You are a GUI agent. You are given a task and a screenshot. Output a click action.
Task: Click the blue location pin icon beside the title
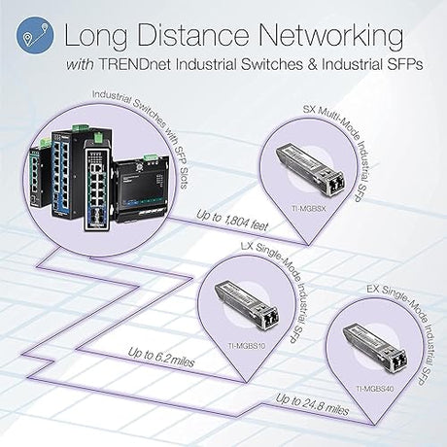(30, 36)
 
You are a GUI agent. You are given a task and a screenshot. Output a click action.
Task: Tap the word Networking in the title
(327, 37)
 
